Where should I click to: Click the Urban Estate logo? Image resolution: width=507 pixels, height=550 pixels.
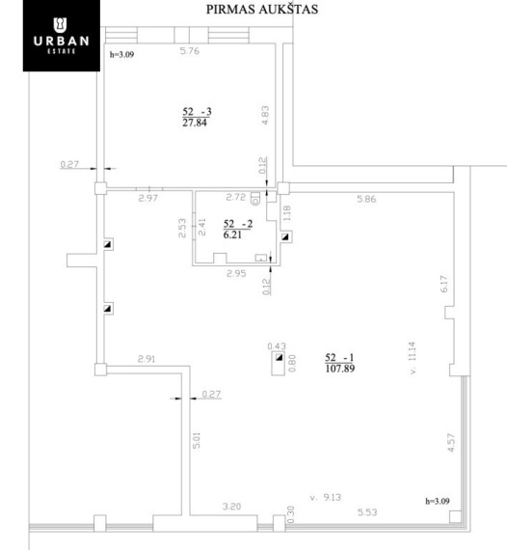[x=62, y=36]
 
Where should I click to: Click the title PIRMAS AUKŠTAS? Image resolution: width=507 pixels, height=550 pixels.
[x=262, y=10]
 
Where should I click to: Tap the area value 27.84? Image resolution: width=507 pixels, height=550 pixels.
[x=195, y=123]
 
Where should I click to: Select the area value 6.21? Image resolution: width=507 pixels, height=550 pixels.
[x=232, y=234]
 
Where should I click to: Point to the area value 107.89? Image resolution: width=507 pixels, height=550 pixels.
[x=340, y=369]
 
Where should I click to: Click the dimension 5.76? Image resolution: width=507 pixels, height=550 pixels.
[x=190, y=51]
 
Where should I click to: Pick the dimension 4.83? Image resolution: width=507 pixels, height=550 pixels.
[x=265, y=116]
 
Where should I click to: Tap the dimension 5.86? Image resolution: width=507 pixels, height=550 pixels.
[x=366, y=199]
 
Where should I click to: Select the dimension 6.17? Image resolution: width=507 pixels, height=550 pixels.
[x=443, y=284]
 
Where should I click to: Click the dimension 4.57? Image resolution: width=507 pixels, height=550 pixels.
[x=451, y=443]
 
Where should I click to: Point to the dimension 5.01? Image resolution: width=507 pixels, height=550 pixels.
[x=197, y=440]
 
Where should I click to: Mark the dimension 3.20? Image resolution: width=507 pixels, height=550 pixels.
[x=231, y=507]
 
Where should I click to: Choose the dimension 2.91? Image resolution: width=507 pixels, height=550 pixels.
[x=147, y=359]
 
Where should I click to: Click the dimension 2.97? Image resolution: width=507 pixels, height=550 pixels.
[x=147, y=198]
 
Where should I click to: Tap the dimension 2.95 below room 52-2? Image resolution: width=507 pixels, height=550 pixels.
[x=236, y=274]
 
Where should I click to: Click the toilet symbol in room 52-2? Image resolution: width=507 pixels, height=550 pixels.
[x=255, y=199]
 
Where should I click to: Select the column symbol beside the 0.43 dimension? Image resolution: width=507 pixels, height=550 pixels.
[x=279, y=357]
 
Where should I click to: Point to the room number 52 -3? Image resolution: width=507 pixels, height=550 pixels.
[x=197, y=112]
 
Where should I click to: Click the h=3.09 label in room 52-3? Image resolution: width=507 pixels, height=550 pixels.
[x=121, y=54]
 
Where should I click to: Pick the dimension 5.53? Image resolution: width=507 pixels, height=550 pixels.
[x=367, y=512]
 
